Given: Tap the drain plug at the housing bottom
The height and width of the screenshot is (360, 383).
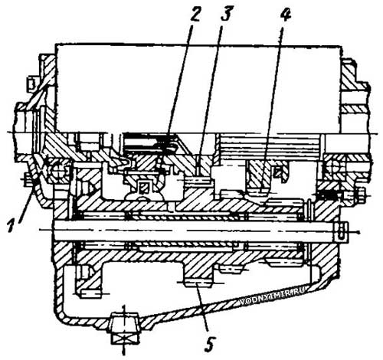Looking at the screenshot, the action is [125, 329].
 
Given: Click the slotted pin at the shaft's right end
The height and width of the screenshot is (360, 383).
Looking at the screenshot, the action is [341, 231].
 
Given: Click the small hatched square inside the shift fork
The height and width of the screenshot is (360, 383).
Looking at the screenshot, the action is [143, 188].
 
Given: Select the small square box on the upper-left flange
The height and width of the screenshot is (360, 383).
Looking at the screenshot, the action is [31, 83].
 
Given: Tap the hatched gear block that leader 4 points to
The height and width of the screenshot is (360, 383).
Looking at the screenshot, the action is [258, 176].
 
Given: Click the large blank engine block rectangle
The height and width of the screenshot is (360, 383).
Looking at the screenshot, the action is [198, 89].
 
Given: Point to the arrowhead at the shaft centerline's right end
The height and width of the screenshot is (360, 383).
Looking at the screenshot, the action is [358, 232].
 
